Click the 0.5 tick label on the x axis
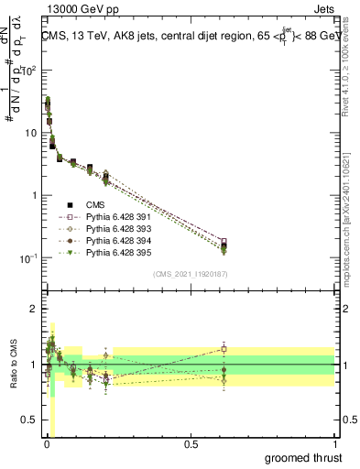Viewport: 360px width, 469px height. tap(191, 444)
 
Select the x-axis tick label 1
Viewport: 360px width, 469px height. tap(335, 444)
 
